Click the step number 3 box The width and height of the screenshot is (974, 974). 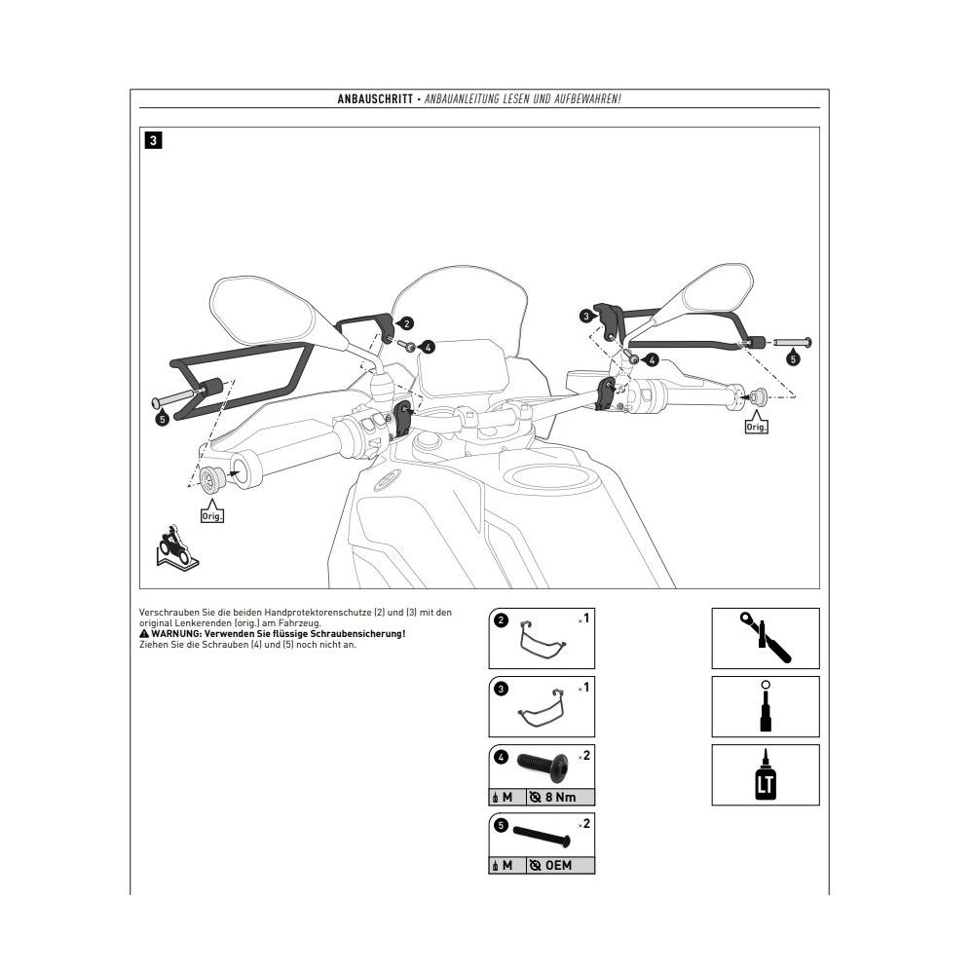154,140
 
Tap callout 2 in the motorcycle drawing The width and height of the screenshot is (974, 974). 406,322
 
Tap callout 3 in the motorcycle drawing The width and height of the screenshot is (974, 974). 585,316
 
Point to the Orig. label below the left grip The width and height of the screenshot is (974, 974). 212,516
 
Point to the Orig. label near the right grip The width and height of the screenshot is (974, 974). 756,427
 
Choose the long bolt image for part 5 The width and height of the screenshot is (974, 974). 541,833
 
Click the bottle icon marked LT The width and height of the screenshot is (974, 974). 765,776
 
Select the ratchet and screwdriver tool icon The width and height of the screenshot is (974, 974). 765,638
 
